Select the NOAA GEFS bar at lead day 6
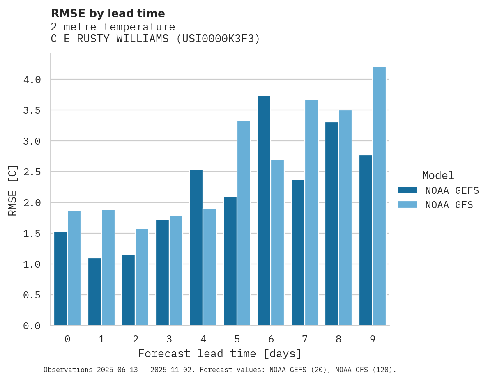click(x=264, y=211)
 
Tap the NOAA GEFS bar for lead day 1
click(x=94, y=291)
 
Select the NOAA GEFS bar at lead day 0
click(x=60, y=279)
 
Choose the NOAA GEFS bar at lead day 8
click(x=331, y=224)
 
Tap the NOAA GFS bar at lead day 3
click(x=176, y=271)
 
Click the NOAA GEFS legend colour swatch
click(x=407, y=190)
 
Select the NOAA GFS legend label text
click(x=449, y=205)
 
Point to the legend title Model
click(x=438, y=176)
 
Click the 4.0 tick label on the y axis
click(x=32, y=80)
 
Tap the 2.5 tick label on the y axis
click(x=32, y=172)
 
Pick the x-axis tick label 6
click(x=271, y=339)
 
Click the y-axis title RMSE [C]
click(x=13, y=190)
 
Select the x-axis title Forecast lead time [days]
click(x=220, y=353)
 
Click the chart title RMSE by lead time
click(x=108, y=14)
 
